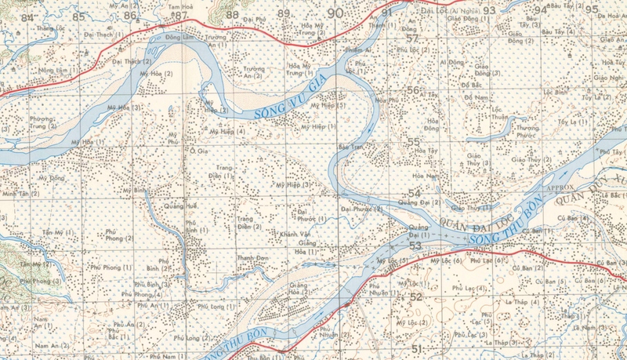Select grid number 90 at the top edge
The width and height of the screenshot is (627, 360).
[335, 13]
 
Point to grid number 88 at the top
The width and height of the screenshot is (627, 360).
[232, 14]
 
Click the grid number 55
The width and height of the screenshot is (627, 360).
[414, 142]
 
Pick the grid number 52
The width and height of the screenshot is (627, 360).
[415, 296]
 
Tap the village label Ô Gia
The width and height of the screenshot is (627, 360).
[199, 151]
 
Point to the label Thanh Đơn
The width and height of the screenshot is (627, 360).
[252, 258]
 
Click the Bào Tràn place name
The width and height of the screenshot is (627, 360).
[350, 147]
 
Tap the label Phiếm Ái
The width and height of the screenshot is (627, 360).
[358, 49]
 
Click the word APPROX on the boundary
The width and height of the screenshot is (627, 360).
[560, 189]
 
